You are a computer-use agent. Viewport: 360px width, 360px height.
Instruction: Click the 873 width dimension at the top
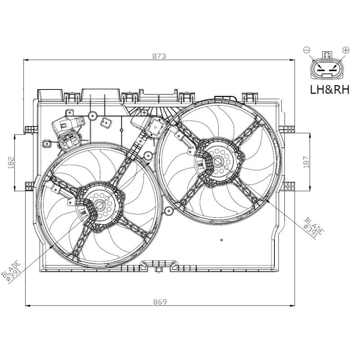[159, 56]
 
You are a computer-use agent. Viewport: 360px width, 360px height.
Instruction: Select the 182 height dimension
[11, 162]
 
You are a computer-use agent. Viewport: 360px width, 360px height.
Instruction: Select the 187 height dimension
[306, 161]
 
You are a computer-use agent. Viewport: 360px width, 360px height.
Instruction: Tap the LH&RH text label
[330, 90]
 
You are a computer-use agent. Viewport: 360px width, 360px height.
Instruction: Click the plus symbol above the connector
[346, 49]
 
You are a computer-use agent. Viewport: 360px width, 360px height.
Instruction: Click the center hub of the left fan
[99, 206]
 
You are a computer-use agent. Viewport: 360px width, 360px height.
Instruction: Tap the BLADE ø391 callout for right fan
[313, 227]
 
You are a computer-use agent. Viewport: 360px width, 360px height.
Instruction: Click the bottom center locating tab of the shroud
[158, 270]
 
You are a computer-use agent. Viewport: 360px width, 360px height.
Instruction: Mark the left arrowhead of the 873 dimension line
[25, 60]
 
